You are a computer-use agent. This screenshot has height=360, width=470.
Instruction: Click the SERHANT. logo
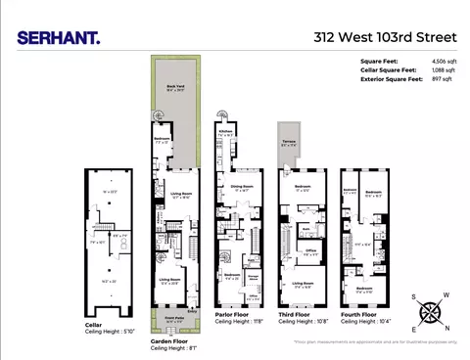[58, 38]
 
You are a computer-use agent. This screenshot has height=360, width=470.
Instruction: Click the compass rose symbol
[431, 312]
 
